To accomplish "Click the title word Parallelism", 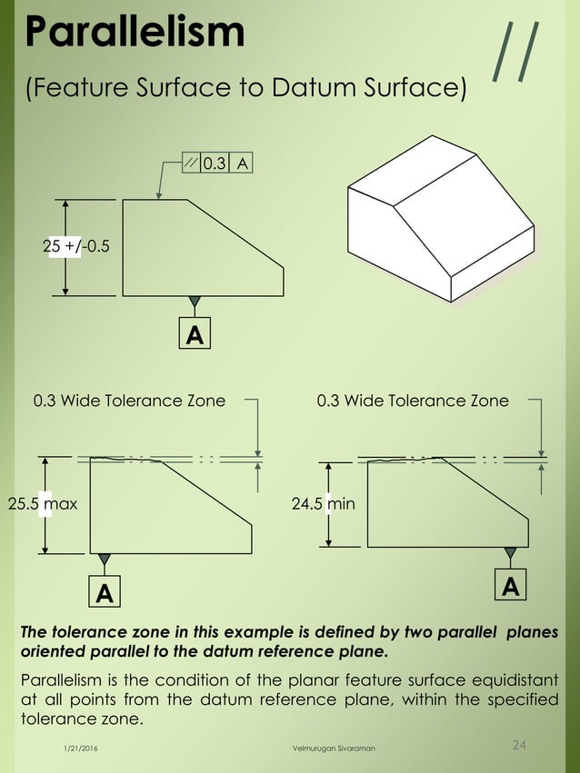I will [135, 32].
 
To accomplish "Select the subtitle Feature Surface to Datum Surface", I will [245, 90].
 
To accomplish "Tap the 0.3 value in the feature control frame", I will [215, 164].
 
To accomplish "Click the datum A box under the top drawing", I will [194, 335].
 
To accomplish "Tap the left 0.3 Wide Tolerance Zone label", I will [129, 401].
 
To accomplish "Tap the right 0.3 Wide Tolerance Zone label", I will [413, 401].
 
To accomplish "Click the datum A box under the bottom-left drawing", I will [105, 593].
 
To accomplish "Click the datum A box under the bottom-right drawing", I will [511, 587].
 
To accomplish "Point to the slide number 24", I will [519, 746].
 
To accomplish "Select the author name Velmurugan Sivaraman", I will [326, 747].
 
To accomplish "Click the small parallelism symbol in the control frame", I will [190, 164].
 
